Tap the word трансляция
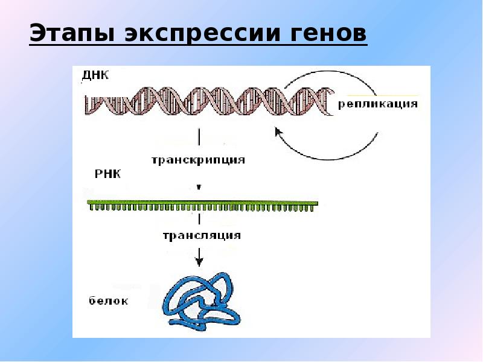click(x=201, y=235)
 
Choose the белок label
click(x=107, y=300)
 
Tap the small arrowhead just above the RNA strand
click(x=199, y=187)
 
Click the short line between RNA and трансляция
click(x=199, y=219)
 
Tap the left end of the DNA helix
click(x=91, y=101)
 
